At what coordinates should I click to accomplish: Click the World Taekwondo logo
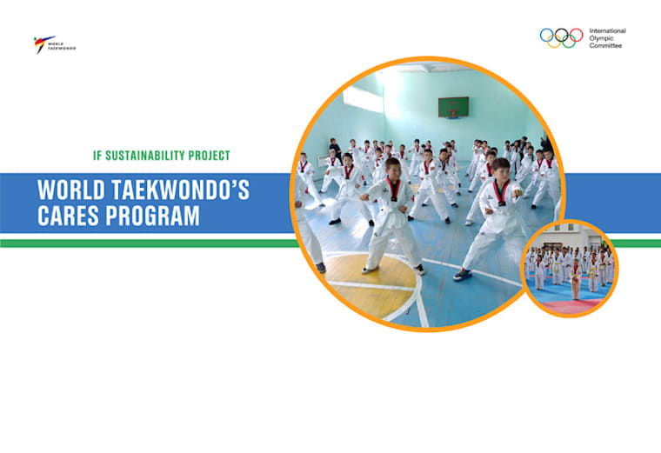point(54,43)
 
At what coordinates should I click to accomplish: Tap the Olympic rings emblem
point(561,37)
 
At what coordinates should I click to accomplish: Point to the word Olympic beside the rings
point(602,38)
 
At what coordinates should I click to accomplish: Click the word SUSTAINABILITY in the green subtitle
point(147,156)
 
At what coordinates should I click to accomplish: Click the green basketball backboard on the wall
point(452,108)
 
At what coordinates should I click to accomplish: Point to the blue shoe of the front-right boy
point(463,275)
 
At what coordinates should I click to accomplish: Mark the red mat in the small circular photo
point(570,304)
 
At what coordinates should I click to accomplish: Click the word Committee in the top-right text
point(606,46)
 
